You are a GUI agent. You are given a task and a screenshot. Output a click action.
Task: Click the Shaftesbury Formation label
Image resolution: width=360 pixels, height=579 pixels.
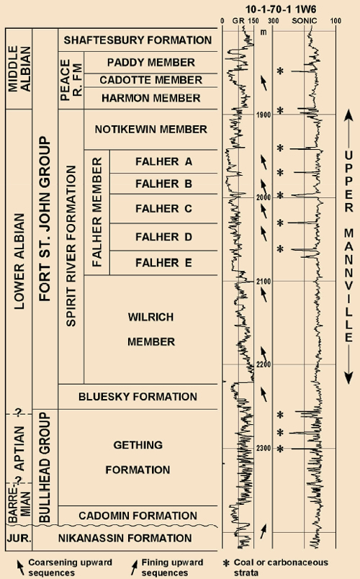[138, 40]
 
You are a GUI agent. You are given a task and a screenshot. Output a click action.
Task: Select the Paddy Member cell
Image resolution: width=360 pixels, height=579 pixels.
[150, 63]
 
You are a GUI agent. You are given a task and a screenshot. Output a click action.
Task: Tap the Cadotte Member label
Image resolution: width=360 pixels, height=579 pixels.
[150, 80]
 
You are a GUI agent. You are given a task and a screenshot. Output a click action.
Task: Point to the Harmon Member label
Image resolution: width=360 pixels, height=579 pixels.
[150, 98]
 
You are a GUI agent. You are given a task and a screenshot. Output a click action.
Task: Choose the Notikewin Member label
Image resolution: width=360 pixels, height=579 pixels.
[150, 129]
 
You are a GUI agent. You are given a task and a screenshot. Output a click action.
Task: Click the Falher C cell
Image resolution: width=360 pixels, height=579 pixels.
[163, 209]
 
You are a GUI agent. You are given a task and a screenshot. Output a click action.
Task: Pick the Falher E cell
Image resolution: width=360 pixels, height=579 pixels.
[163, 263]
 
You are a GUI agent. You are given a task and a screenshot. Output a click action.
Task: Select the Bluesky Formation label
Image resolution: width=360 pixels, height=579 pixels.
[138, 397]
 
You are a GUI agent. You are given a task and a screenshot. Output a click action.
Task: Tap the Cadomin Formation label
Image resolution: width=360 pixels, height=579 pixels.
[138, 516]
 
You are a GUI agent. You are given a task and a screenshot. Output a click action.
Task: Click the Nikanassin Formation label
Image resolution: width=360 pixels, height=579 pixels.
[125, 538]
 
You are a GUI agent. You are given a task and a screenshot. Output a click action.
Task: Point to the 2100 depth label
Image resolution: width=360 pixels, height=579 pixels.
[264, 282]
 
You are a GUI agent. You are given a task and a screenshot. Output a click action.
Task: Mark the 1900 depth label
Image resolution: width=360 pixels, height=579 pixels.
[264, 115]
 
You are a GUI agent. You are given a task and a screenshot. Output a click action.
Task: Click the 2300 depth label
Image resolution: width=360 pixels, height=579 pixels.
[264, 448]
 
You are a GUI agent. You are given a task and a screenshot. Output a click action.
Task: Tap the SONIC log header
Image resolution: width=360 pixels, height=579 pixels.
[305, 21]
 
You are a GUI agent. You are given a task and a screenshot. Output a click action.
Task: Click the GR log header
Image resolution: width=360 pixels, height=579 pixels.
[238, 21]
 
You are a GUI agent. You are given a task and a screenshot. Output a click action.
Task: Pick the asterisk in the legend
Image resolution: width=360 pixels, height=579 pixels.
[225, 563]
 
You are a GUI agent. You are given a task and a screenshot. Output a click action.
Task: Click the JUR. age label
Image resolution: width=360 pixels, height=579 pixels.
[19, 539]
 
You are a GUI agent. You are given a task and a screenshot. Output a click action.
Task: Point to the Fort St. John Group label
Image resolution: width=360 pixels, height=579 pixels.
[45, 219]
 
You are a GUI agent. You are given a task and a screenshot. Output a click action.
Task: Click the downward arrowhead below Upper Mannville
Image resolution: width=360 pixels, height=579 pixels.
[348, 378]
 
